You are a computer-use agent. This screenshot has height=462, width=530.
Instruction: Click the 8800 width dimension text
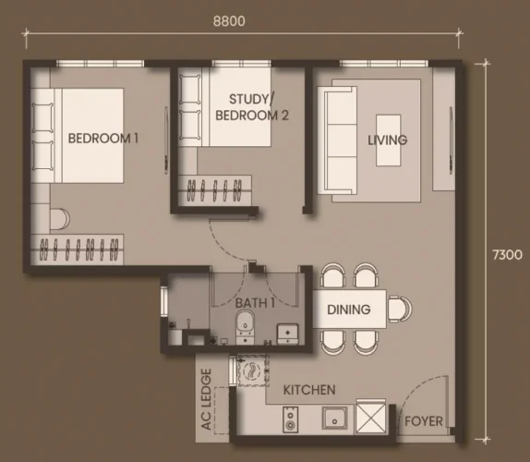(229, 21)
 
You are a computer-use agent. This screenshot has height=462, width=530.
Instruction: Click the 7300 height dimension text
(507, 255)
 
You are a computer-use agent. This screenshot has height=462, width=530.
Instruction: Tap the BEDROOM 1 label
(103, 139)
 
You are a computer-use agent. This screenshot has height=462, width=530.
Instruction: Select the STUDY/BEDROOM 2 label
(252, 107)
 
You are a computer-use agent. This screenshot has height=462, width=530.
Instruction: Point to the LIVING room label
(388, 140)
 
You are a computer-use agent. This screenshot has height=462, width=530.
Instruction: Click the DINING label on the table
(349, 310)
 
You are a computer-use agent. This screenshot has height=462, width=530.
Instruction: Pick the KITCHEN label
(309, 390)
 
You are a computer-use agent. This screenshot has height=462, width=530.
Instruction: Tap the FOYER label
(424, 421)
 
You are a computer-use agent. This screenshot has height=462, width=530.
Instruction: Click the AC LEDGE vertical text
(206, 399)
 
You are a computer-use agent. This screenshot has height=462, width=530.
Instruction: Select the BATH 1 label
(255, 303)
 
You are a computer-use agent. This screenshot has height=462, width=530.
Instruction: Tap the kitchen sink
(334, 418)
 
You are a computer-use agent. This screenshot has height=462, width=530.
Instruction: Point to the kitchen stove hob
(290, 419)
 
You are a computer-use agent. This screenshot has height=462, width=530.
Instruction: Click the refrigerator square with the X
(371, 418)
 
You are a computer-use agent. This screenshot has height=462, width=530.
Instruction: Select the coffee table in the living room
(389, 140)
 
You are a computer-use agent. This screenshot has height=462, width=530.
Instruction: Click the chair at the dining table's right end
(400, 310)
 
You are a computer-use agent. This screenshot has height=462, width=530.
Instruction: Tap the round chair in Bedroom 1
(60, 219)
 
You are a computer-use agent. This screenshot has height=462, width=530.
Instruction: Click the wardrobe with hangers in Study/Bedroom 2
(215, 189)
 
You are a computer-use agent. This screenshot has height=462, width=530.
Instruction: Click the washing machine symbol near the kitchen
(253, 370)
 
